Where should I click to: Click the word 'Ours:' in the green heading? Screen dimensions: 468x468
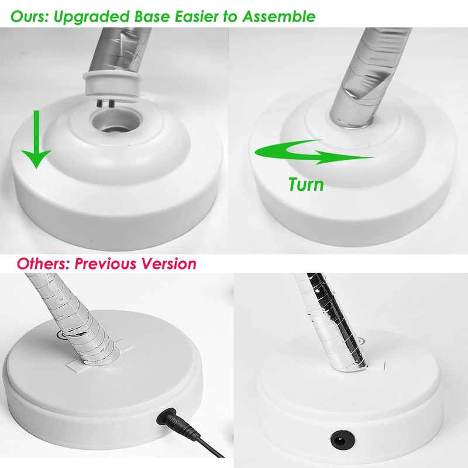30,16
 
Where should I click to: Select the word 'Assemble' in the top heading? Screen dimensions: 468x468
279,16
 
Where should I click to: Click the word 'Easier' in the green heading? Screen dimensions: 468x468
197,16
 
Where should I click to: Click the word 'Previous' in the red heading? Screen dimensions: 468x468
106,264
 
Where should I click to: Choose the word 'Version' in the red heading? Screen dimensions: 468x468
169,264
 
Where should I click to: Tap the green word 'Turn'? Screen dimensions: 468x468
306,184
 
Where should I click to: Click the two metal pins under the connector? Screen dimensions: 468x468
105,104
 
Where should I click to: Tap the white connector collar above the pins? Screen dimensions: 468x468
112,85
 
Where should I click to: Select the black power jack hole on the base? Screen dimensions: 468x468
342,440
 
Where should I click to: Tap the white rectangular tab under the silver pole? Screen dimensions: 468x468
100,357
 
